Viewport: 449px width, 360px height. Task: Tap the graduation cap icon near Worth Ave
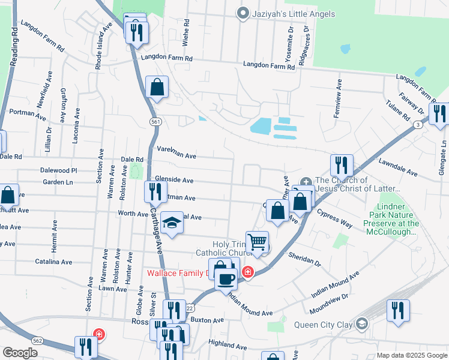[x=172, y=225]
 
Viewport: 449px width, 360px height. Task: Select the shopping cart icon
[x=257, y=242]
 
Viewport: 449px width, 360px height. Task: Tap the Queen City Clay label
[x=324, y=325]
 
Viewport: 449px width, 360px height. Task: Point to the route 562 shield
[x=38, y=340]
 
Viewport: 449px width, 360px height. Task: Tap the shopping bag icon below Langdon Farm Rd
[x=157, y=88]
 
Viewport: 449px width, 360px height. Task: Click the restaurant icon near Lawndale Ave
[x=341, y=165]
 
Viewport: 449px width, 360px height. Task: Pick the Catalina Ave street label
[x=53, y=262]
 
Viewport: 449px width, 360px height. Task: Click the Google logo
[x=20, y=352]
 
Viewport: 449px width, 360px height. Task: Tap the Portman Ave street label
[x=24, y=112]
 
